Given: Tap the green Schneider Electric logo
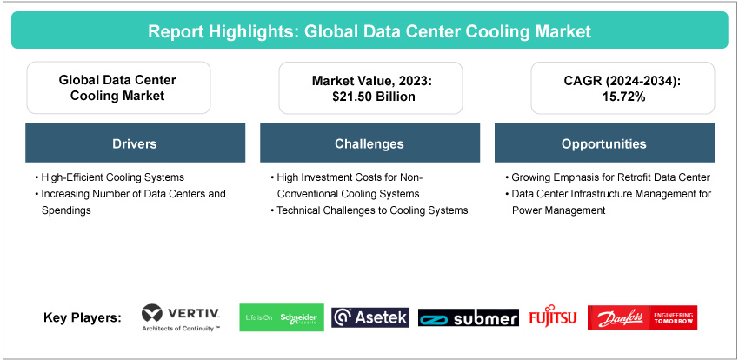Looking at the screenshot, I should (x=281, y=317).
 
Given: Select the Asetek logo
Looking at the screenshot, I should (x=370, y=317).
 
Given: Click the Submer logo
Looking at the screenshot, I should (x=469, y=318).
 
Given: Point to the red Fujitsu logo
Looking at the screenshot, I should (x=553, y=317).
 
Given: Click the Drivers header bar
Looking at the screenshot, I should (x=135, y=143).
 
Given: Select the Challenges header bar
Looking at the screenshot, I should (x=369, y=143).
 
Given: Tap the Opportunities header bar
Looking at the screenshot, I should (x=603, y=143).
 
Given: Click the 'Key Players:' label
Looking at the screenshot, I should (x=83, y=318).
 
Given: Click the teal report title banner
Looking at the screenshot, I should (x=369, y=31).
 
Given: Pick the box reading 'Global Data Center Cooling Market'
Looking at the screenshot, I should (x=117, y=88).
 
